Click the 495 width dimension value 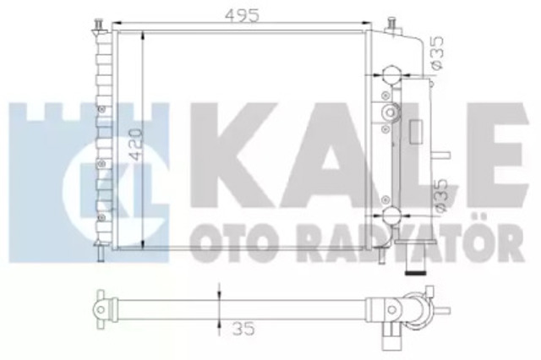pos(242,15)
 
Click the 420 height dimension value pos(135,145)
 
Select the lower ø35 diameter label pos(441,196)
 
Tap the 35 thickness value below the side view pos(244,329)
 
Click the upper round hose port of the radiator pos(391,75)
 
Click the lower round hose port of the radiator pos(391,216)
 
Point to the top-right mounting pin pos(393,25)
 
